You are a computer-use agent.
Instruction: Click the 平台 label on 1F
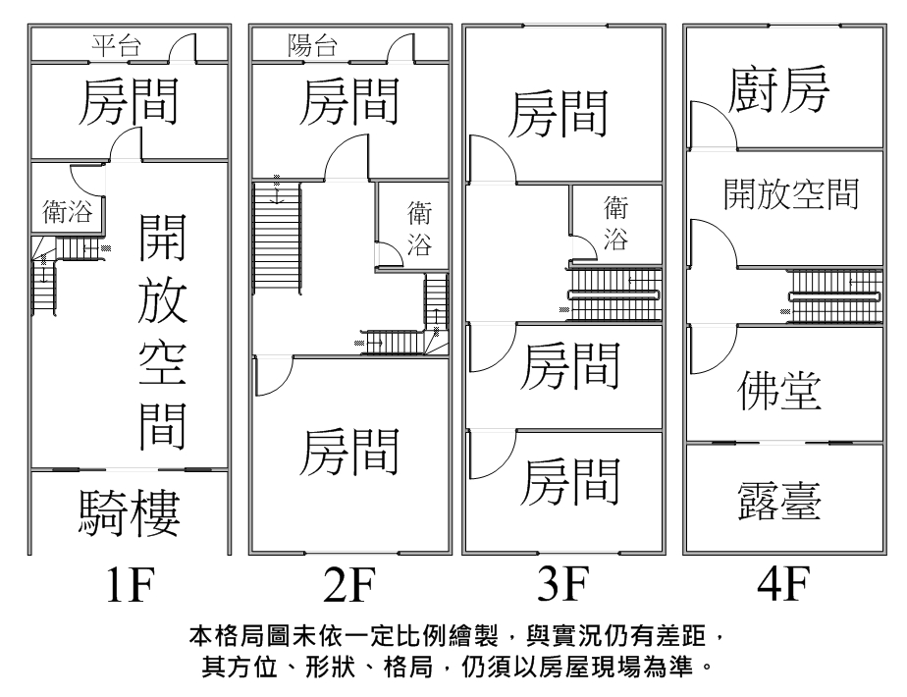[x=116, y=44]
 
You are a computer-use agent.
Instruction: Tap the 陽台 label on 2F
[x=313, y=44]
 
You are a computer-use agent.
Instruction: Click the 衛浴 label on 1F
[x=66, y=212]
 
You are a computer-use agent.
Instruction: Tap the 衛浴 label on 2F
[x=419, y=229]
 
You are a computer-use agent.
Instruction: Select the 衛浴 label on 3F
[x=616, y=223]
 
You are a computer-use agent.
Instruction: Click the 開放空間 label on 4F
[x=791, y=194]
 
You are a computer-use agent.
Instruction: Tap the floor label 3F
[x=562, y=586]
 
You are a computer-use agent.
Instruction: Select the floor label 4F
[x=781, y=586]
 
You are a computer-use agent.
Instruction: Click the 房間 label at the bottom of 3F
[x=571, y=480]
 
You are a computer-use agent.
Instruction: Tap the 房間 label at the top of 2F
[x=349, y=102]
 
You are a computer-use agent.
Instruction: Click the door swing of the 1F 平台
[x=183, y=47]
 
